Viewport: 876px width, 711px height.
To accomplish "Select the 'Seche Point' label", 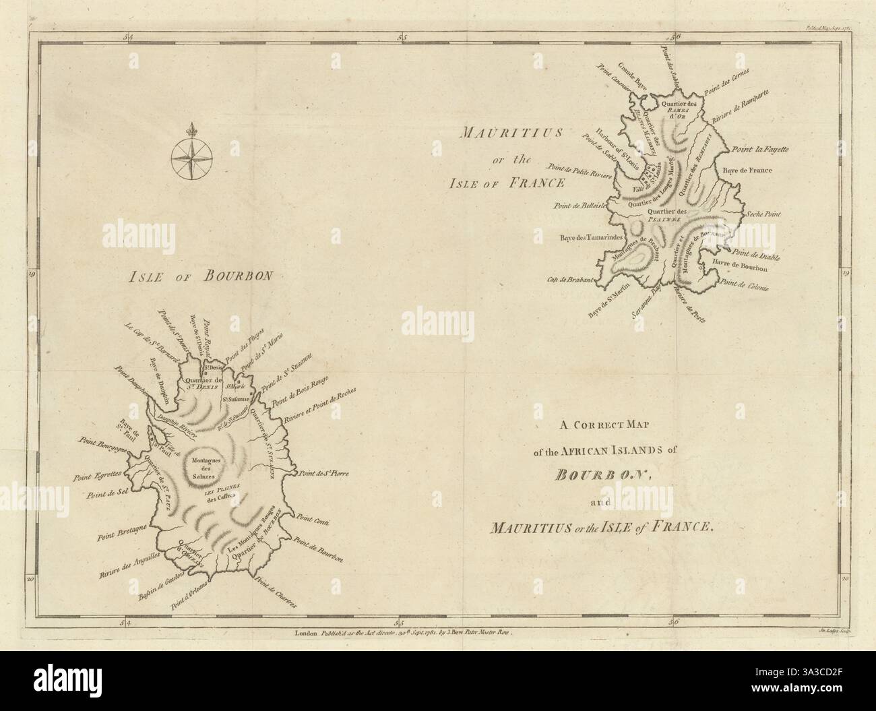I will click(x=761, y=214).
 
